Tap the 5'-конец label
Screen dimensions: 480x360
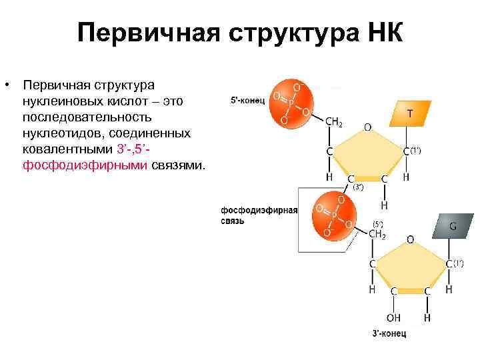(x=248, y=101)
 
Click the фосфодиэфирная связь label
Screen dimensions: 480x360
(x=259, y=215)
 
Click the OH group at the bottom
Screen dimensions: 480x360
(x=393, y=318)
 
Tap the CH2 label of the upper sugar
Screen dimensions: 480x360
(x=334, y=122)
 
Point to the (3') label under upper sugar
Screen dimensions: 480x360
(x=358, y=187)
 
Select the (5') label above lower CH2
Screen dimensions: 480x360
(x=378, y=223)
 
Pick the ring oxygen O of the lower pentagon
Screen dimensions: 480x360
(x=410, y=238)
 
